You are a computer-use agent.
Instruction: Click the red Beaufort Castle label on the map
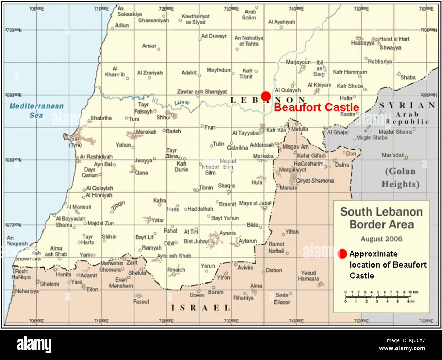pyautogui.click(x=316, y=107)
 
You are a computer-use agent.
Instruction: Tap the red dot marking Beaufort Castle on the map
pyautogui.click(x=266, y=96)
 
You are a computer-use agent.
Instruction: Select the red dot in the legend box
pyautogui.click(x=342, y=254)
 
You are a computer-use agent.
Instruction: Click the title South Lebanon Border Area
pyautogui.click(x=381, y=218)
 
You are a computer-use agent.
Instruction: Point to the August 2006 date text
pyautogui.click(x=381, y=239)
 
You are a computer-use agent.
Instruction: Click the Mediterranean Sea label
pyautogui.click(x=36, y=110)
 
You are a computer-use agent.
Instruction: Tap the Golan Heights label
pyautogui.click(x=400, y=177)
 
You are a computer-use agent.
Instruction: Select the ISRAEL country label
pyautogui.click(x=201, y=308)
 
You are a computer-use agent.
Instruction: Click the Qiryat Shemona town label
pyautogui.click(x=315, y=181)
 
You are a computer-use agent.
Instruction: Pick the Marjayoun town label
pyautogui.click(x=298, y=62)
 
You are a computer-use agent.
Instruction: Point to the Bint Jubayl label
pyautogui.click(x=196, y=241)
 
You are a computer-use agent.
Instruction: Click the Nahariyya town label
pyautogui.click(x=27, y=291)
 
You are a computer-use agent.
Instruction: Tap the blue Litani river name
pyautogui.click(x=182, y=103)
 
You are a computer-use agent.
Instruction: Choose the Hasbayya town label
pyautogui.click(x=362, y=43)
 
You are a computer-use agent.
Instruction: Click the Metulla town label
pyautogui.click(x=300, y=129)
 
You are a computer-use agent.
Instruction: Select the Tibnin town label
pyautogui.click(x=206, y=188)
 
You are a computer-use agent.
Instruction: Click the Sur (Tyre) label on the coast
pyautogui.click(x=75, y=142)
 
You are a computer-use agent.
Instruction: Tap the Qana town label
pyautogui.click(x=141, y=173)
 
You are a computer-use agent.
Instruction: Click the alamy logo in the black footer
pyautogui.click(x=34, y=345)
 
